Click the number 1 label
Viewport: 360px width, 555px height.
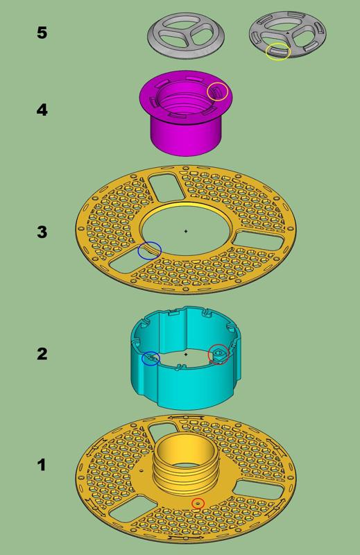[x=42, y=464]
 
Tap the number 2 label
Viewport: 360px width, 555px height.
[x=42, y=353]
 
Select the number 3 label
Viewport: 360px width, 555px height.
[x=42, y=232]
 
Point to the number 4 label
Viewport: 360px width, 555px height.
[x=42, y=109]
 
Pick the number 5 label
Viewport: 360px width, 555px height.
[x=42, y=32]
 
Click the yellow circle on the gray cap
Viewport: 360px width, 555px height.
[x=278, y=51]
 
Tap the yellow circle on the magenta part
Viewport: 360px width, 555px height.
[x=218, y=91]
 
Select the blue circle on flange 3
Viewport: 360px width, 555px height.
[x=149, y=251]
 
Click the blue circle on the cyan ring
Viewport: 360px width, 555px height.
[x=151, y=359]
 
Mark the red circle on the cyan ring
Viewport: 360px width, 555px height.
[x=219, y=354]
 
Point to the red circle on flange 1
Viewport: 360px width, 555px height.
[x=198, y=503]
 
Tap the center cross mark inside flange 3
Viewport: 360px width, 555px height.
[x=186, y=231]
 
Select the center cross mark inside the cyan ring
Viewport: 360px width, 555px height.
[x=186, y=354]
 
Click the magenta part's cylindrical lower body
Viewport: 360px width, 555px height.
[x=184, y=136]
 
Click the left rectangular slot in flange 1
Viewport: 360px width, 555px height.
[x=128, y=509]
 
